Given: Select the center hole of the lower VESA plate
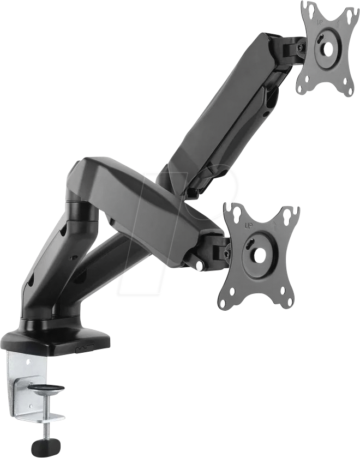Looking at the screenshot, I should click(x=258, y=255).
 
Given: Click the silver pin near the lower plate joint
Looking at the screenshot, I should click(x=200, y=266).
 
